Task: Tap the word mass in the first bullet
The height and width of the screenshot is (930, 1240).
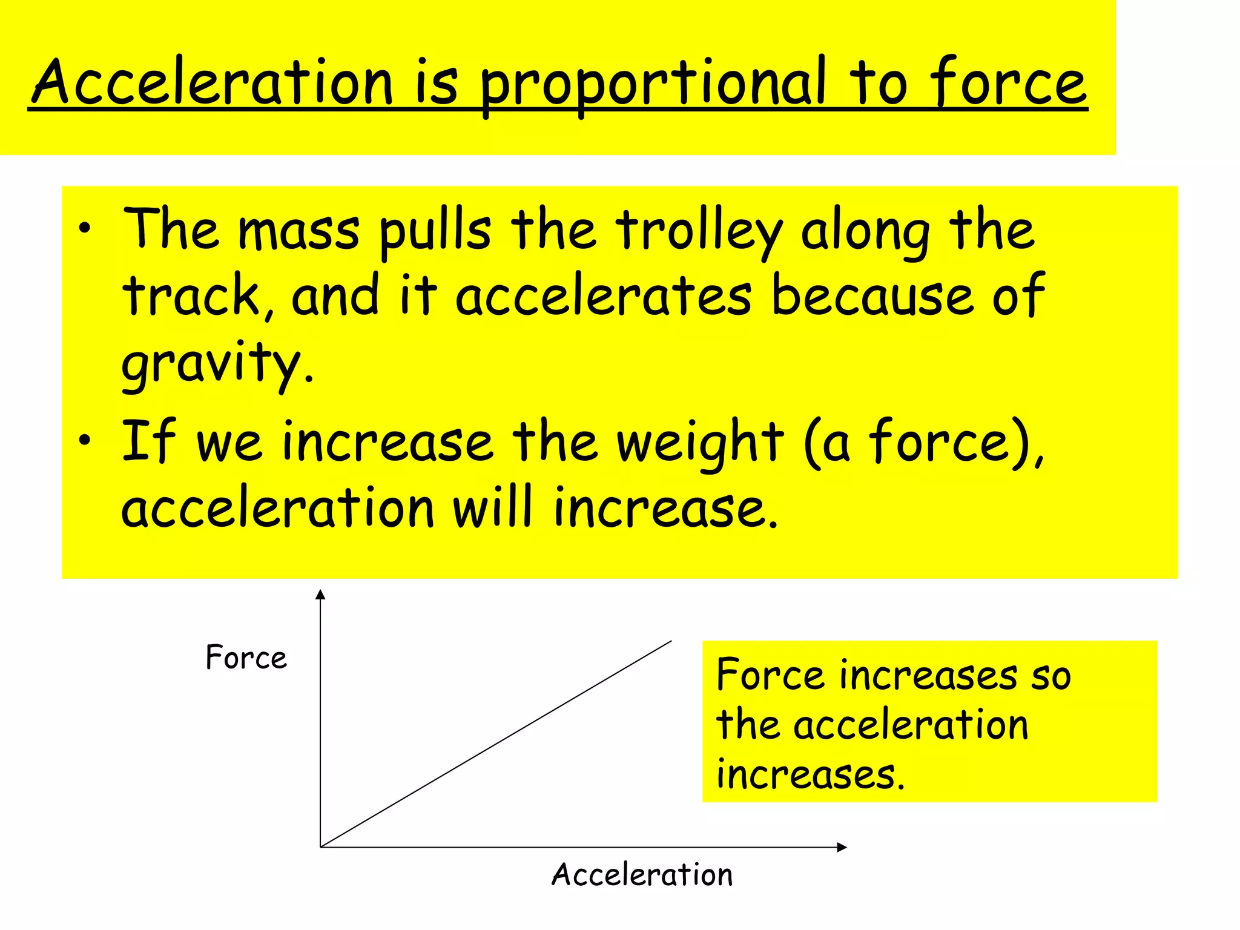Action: tap(299, 231)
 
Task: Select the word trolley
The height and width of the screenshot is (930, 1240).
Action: tap(700, 233)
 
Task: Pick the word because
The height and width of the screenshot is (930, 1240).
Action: tap(872, 297)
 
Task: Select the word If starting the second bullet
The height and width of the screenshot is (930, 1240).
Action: tap(149, 441)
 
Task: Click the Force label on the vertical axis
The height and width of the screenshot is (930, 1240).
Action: tap(246, 658)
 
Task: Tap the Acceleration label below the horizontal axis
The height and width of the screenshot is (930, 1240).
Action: tap(642, 875)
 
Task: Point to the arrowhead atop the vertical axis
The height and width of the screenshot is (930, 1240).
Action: tap(321, 595)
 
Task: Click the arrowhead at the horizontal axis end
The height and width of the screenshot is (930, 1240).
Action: tap(841, 847)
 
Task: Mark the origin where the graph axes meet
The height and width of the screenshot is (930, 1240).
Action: tap(321, 847)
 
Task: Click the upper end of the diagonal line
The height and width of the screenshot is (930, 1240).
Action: tap(671, 642)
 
